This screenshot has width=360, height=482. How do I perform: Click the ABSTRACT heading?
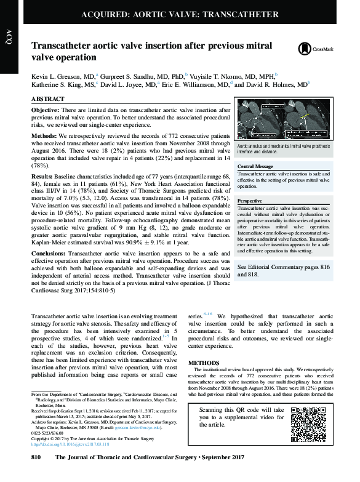47,99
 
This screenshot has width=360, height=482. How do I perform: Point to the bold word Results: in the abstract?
43,175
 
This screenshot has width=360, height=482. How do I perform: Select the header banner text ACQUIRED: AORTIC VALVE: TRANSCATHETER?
179,14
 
